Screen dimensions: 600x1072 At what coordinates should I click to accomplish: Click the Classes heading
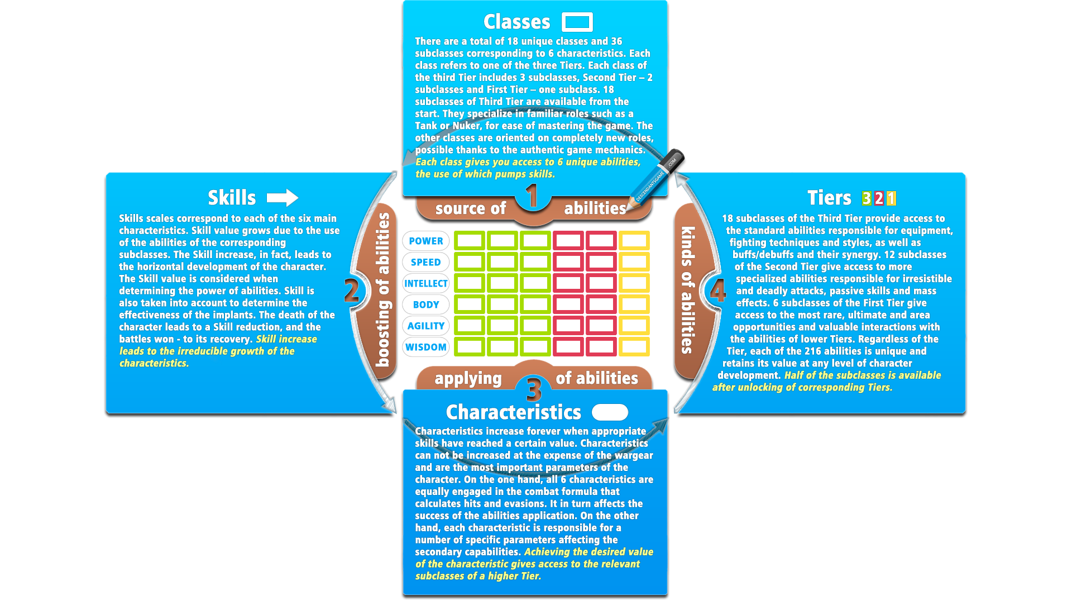tap(516, 22)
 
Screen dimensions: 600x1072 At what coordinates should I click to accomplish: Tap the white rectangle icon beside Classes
tap(577, 22)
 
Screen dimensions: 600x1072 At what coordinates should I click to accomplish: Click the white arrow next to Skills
tap(283, 197)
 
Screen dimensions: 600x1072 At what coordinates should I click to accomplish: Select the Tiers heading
tap(829, 198)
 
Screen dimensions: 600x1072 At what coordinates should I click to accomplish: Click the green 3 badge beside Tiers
tap(867, 198)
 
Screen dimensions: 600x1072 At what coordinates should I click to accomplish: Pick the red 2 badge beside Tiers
tap(879, 198)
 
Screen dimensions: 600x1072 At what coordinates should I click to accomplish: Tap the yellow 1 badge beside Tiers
tap(891, 198)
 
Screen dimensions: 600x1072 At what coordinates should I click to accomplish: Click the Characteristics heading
tap(513, 412)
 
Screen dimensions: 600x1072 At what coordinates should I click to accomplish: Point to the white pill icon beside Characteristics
tap(610, 412)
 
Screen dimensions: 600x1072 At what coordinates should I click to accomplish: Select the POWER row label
tap(425, 241)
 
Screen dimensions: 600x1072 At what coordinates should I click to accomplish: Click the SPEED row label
tap(425, 262)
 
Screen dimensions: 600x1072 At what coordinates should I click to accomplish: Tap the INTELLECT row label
tap(425, 283)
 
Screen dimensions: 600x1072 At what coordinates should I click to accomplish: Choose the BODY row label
tap(425, 304)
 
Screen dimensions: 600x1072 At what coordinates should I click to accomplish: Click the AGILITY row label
tap(425, 326)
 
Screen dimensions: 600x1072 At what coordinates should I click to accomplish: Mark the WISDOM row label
tap(425, 347)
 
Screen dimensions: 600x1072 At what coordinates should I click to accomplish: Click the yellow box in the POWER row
tap(634, 241)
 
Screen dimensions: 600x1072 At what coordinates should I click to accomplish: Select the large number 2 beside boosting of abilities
tap(352, 291)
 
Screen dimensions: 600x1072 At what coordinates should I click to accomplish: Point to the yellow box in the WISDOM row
tap(634, 347)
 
